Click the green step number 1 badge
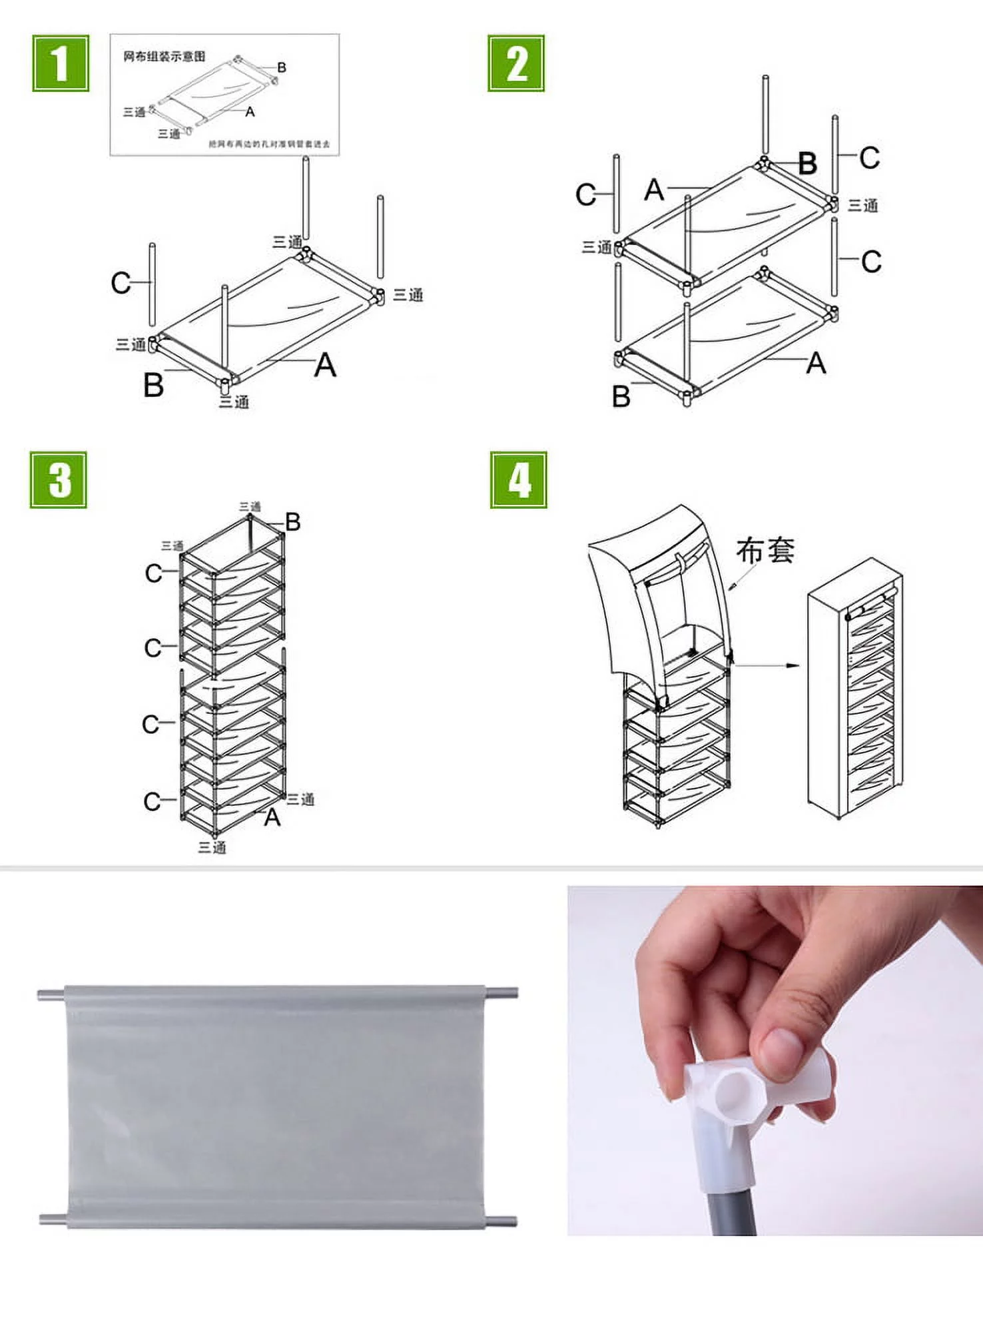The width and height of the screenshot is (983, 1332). point(61,63)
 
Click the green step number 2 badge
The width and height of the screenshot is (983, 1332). point(516,63)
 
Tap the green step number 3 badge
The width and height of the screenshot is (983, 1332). point(59,480)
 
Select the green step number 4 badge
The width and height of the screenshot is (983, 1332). point(518,480)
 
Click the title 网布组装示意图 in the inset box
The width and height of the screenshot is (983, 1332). point(164,57)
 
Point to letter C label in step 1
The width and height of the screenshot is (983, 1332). point(121,283)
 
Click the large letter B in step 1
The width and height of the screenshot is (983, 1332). point(153,385)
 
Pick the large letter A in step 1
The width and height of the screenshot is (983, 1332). point(325,365)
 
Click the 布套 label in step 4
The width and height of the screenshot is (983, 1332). point(765,551)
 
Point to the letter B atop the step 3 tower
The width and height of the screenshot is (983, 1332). point(292,521)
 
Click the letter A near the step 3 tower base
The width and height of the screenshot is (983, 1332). point(272,817)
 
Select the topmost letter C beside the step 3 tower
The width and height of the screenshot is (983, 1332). point(153,573)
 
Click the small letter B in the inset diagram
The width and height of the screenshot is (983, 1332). point(282,67)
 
